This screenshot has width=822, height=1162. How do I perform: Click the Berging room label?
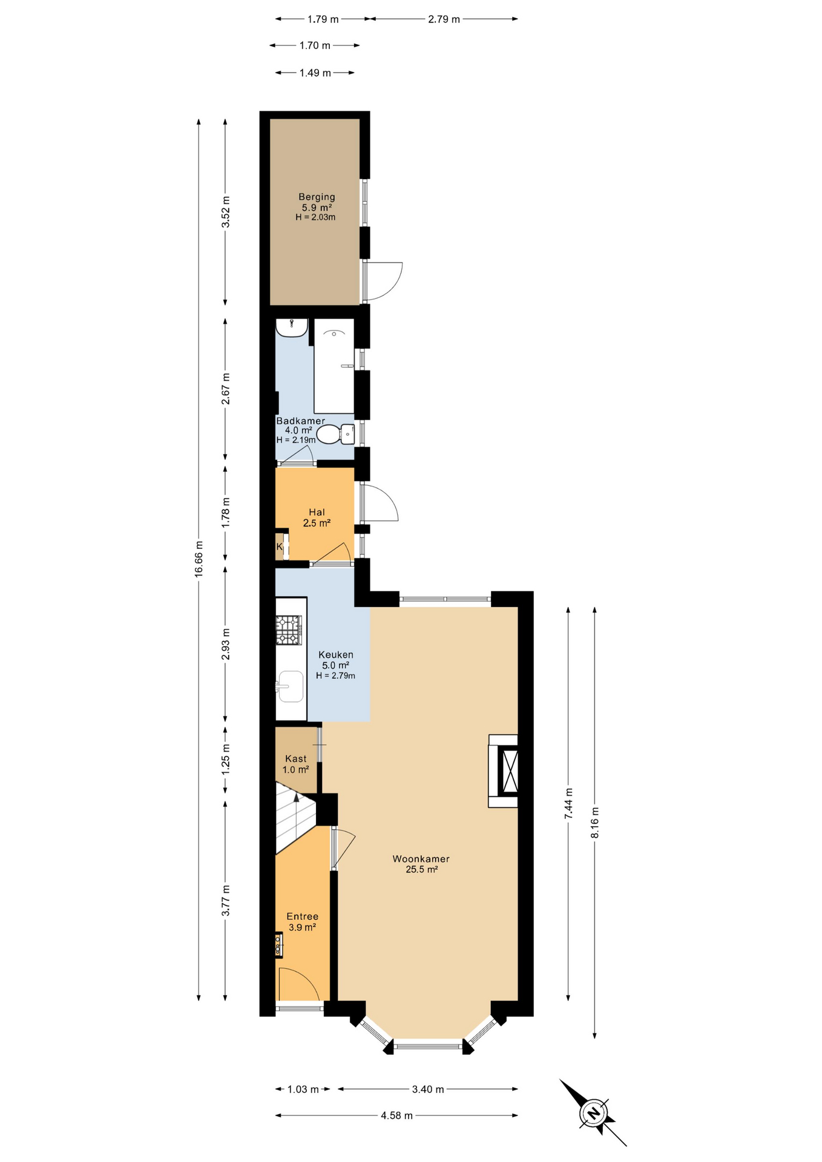(317, 197)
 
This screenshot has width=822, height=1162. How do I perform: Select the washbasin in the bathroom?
(292, 327)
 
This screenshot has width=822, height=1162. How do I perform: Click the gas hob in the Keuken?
(289, 630)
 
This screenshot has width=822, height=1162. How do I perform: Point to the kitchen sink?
(290, 686)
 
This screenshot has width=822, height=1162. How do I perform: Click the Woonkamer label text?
(421, 859)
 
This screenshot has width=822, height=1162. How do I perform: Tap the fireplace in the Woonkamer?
(504, 770)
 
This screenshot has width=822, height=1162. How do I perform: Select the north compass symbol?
(593, 1112)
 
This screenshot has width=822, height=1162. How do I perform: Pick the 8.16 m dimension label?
(594, 822)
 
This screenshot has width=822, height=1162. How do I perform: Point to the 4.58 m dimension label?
(397, 1115)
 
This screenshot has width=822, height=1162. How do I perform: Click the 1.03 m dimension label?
(303, 1089)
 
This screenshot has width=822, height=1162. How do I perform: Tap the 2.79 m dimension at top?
(444, 19)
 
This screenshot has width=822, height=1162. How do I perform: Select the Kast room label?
(296, 759)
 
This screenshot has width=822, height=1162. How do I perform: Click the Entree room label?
(302, 916)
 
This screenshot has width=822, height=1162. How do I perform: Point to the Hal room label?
(317, 513)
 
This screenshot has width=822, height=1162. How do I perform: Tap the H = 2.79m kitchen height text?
(335, 675)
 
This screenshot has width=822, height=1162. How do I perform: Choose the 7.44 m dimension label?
(568, 804)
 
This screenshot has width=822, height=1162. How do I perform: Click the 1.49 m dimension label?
(315, 73)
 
